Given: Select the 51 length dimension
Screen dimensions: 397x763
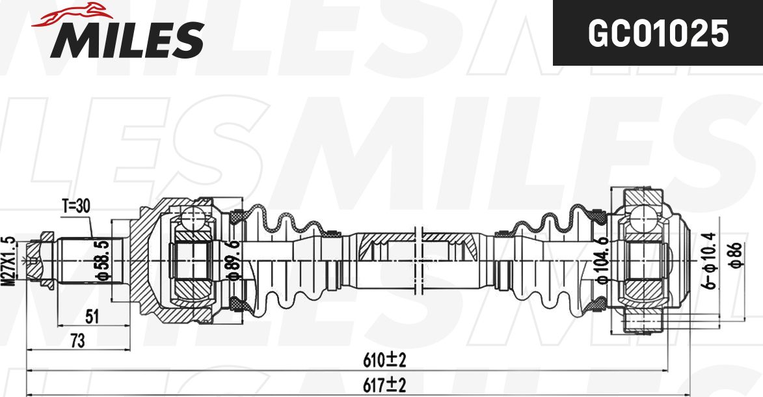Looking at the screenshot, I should (92, 317).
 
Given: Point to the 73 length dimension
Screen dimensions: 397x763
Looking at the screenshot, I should (77, 340).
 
